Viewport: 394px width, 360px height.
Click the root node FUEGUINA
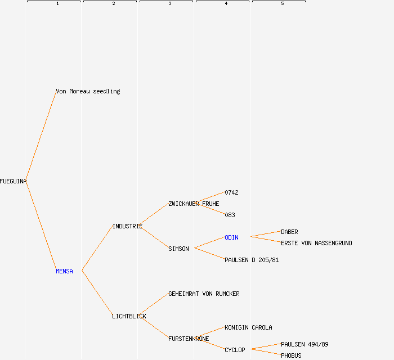14,181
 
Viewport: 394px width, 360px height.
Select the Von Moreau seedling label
88,91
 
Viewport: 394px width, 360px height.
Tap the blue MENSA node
64,271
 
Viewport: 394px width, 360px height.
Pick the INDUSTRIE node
127,226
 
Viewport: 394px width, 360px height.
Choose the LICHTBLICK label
129,316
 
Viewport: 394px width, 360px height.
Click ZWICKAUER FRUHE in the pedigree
194,204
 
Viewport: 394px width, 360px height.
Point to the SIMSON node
178,249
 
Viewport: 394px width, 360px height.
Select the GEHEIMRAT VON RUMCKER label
204,294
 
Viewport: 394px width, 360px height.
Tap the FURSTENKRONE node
189,339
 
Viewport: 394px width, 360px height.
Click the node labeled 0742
231,192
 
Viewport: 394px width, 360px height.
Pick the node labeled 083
230,215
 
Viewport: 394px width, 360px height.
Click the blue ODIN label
231,237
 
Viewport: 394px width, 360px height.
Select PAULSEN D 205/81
252,260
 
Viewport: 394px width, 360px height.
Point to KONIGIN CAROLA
248,327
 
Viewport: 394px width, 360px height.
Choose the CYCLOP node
235,350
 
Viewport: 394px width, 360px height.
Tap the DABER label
289,232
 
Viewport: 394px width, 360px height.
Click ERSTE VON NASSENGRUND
316,243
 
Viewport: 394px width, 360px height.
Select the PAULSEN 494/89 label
305,344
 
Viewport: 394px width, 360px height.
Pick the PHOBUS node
291,355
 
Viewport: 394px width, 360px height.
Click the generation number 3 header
169,4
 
